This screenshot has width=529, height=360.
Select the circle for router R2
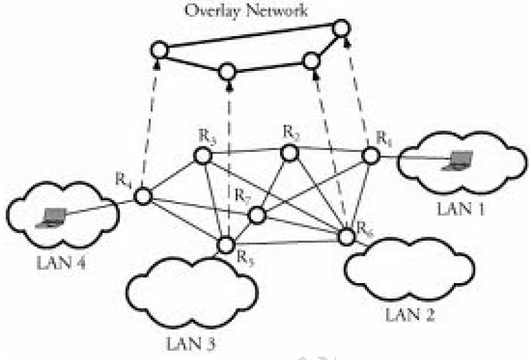(289, 153)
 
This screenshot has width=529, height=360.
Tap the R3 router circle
(202, 156)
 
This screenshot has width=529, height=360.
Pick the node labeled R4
(143, 197)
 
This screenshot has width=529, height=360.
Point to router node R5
(226, 246)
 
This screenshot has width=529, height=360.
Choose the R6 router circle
(346, 237)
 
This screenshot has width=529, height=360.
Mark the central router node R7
(257, 215)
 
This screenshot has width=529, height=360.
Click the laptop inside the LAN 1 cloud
(460, 160)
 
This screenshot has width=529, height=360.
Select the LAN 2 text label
(408, 312)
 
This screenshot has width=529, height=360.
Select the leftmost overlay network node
(159, 50)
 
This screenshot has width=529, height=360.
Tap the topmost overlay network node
(341, 29)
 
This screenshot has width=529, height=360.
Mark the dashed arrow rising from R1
(358, 94)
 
